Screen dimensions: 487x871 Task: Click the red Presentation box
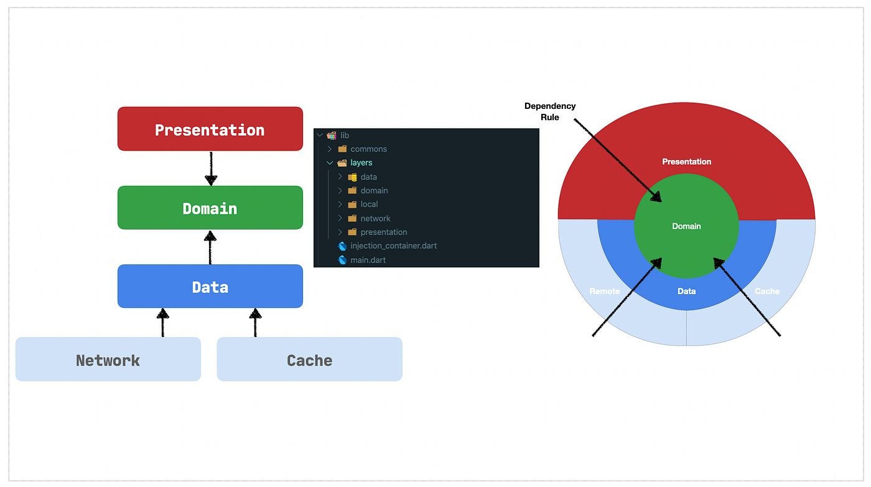pyautogui.click(x=210, y=129)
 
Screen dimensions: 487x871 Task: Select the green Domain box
pyautogui.click(x=210, y=208)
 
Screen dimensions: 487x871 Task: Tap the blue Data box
pyautogui.click(x=210, y=287)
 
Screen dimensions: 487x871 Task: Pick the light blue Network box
pyautogui.click(x=108, y=359)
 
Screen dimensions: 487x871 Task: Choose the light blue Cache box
pyautogui.click(x=309, y=359)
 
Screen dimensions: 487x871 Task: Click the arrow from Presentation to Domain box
pyautogui.click(x=211, y=168)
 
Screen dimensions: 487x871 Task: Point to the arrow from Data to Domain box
pyautogui.click(x=210, y=247)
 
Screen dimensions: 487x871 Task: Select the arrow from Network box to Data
pyautogui.click(x=163, y=322)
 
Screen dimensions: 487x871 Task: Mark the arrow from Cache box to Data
pyautogui.click(x=255, y=322)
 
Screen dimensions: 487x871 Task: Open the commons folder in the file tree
pyautogui.click(x=368, y=149)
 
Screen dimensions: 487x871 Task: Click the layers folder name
pyautogui.click(x=361, y=163)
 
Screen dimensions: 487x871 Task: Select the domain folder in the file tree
pyautogui.click(x=374, y=190)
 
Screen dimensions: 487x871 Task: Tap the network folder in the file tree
pyautogui.click(x=375, y=218)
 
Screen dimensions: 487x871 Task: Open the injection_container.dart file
pyautogui.click(x=393, y=246)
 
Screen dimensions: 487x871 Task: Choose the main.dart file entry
pyautogui.click(x=368, y=260)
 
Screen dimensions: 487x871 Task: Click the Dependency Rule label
pyautogui.click(x=550, y=111)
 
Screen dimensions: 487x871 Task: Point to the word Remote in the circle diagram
pyautogui.click(x=604, y=291)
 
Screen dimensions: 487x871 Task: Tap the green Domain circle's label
pyautogui.click(x=686, y=226)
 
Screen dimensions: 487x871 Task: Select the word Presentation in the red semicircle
pyautogui.click(x=686, y=162)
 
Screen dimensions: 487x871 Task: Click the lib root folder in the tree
pyautogui.click(x=345, y=136)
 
